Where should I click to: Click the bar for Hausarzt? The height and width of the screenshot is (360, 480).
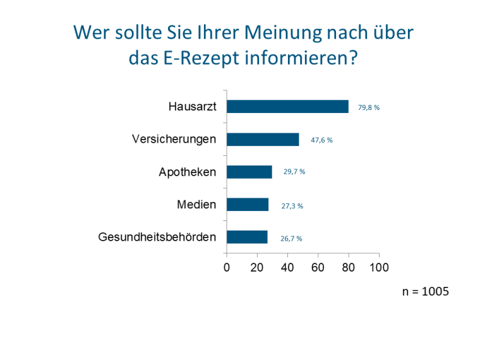287,107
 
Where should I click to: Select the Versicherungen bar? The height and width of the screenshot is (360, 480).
263,140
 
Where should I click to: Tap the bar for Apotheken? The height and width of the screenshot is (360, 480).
249,172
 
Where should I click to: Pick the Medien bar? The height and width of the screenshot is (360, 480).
248,205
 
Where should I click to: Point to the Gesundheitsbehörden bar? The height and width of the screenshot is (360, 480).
247,237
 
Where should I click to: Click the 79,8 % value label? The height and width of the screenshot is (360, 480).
369,107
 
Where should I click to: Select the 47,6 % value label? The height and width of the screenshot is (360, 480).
321,140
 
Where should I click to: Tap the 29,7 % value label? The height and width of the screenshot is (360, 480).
294,172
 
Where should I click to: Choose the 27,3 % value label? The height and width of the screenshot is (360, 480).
292,206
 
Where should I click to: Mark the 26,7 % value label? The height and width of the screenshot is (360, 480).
291,239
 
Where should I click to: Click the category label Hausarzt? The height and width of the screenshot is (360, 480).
192,107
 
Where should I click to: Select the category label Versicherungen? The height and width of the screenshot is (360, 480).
174,139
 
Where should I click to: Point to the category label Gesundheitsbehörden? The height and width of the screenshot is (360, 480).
157,237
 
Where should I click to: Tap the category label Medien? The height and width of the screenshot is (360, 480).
196,205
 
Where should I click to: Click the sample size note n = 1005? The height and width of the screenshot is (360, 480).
426,292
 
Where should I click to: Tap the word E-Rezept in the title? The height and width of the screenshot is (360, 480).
198,59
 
